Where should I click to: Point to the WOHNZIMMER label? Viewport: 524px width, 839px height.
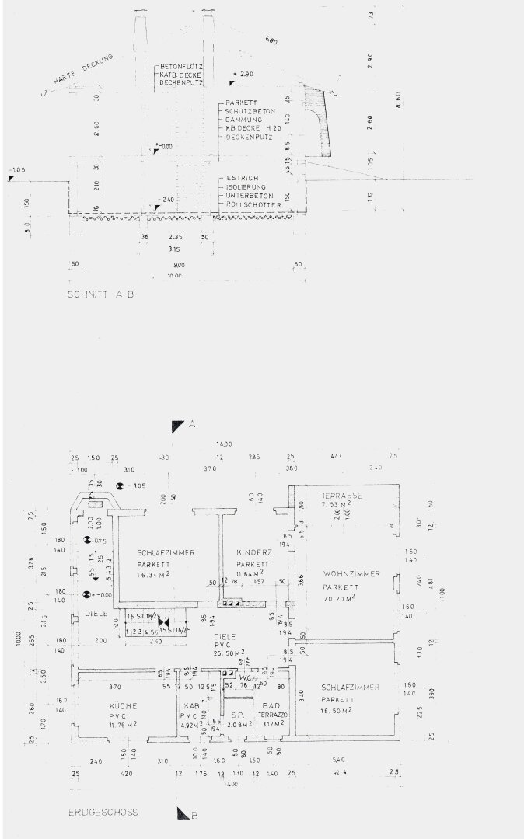pyautogui.click(x=352, y=573)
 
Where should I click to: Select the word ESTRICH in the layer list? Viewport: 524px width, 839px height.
pyautogui.click(x=237, y=178)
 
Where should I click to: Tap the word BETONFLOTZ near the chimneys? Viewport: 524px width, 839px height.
pyautogui.click(x=181, y=66)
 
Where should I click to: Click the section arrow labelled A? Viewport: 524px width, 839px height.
pyautogui.click(x=179, y=426)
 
